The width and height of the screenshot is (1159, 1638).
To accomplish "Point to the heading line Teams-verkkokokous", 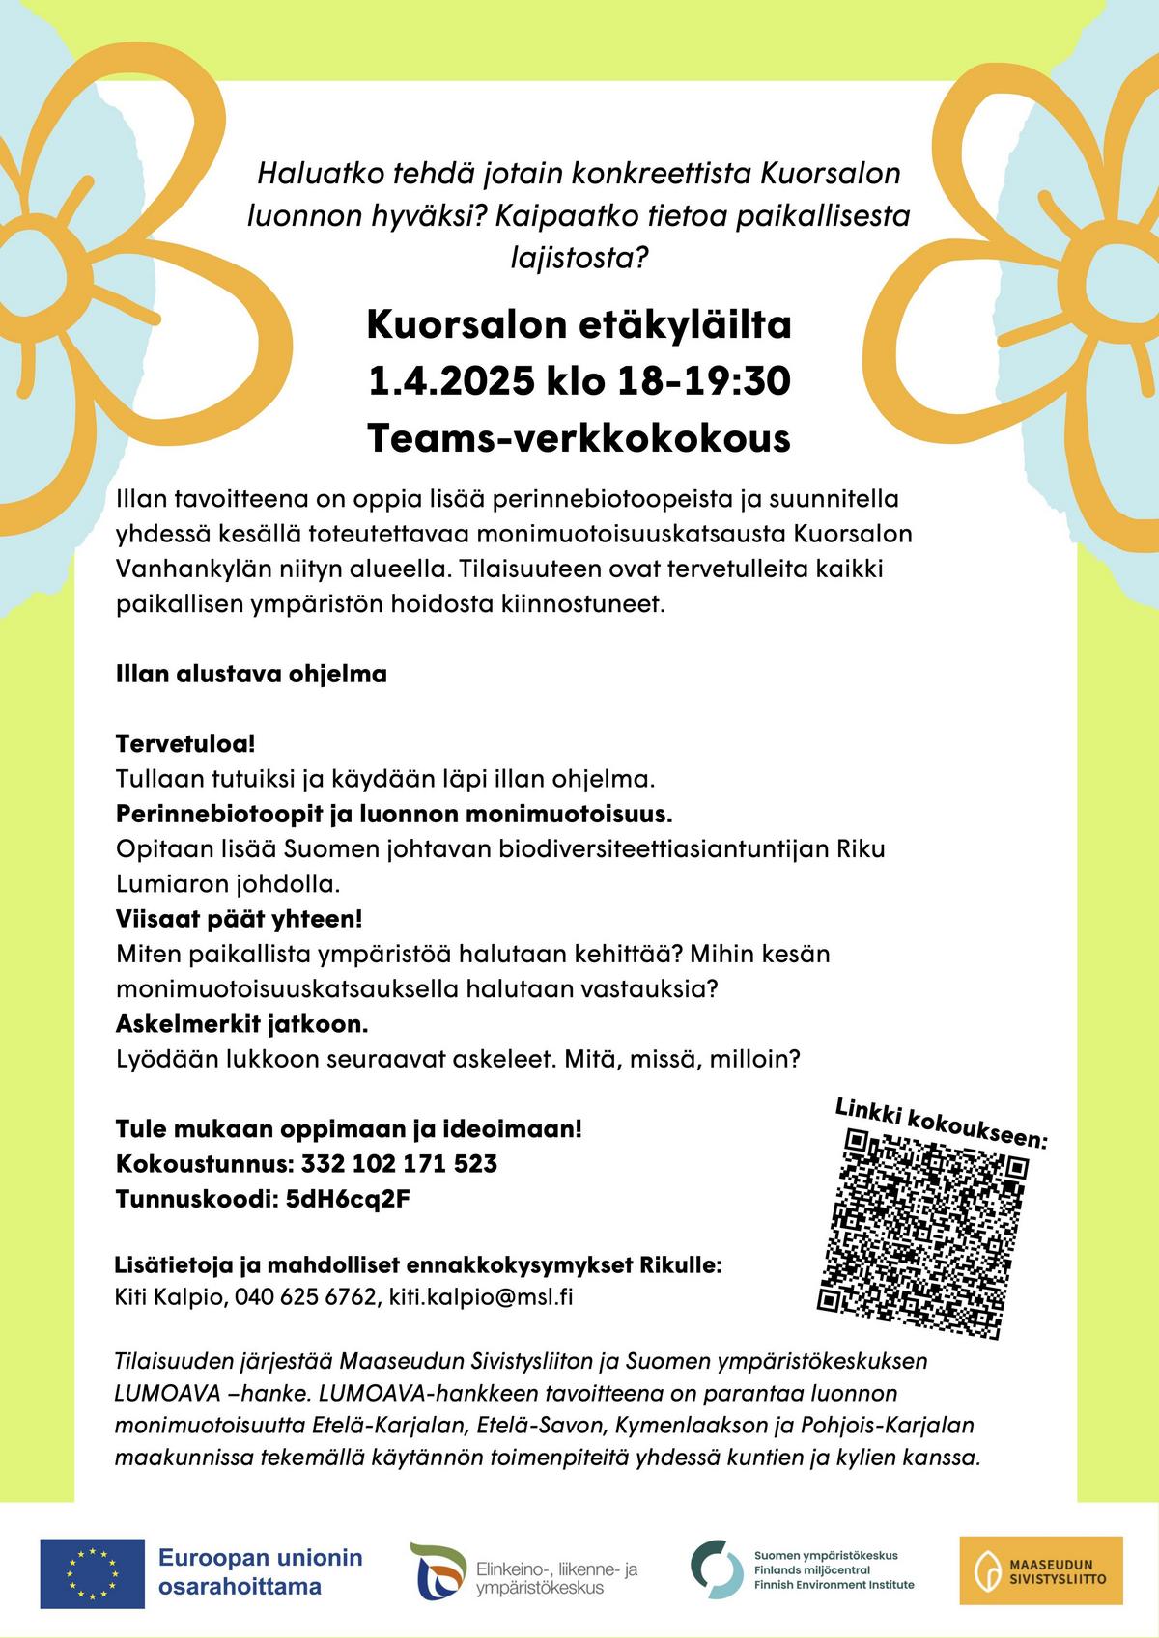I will point(579,438).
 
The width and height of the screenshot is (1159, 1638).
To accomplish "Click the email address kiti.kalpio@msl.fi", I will point(481,1296).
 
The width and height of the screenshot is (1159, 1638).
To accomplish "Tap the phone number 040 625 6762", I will point(304,1296).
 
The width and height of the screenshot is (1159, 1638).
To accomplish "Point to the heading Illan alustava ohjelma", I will point(251,674).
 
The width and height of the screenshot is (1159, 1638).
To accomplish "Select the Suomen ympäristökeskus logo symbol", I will point(716,1571).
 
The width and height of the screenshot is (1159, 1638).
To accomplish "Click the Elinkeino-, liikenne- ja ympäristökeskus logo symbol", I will point(438,1571).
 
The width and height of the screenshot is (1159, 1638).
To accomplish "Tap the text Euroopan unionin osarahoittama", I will point(261,1571).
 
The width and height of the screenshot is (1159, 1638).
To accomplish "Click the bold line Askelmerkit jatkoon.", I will point(241,1022).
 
